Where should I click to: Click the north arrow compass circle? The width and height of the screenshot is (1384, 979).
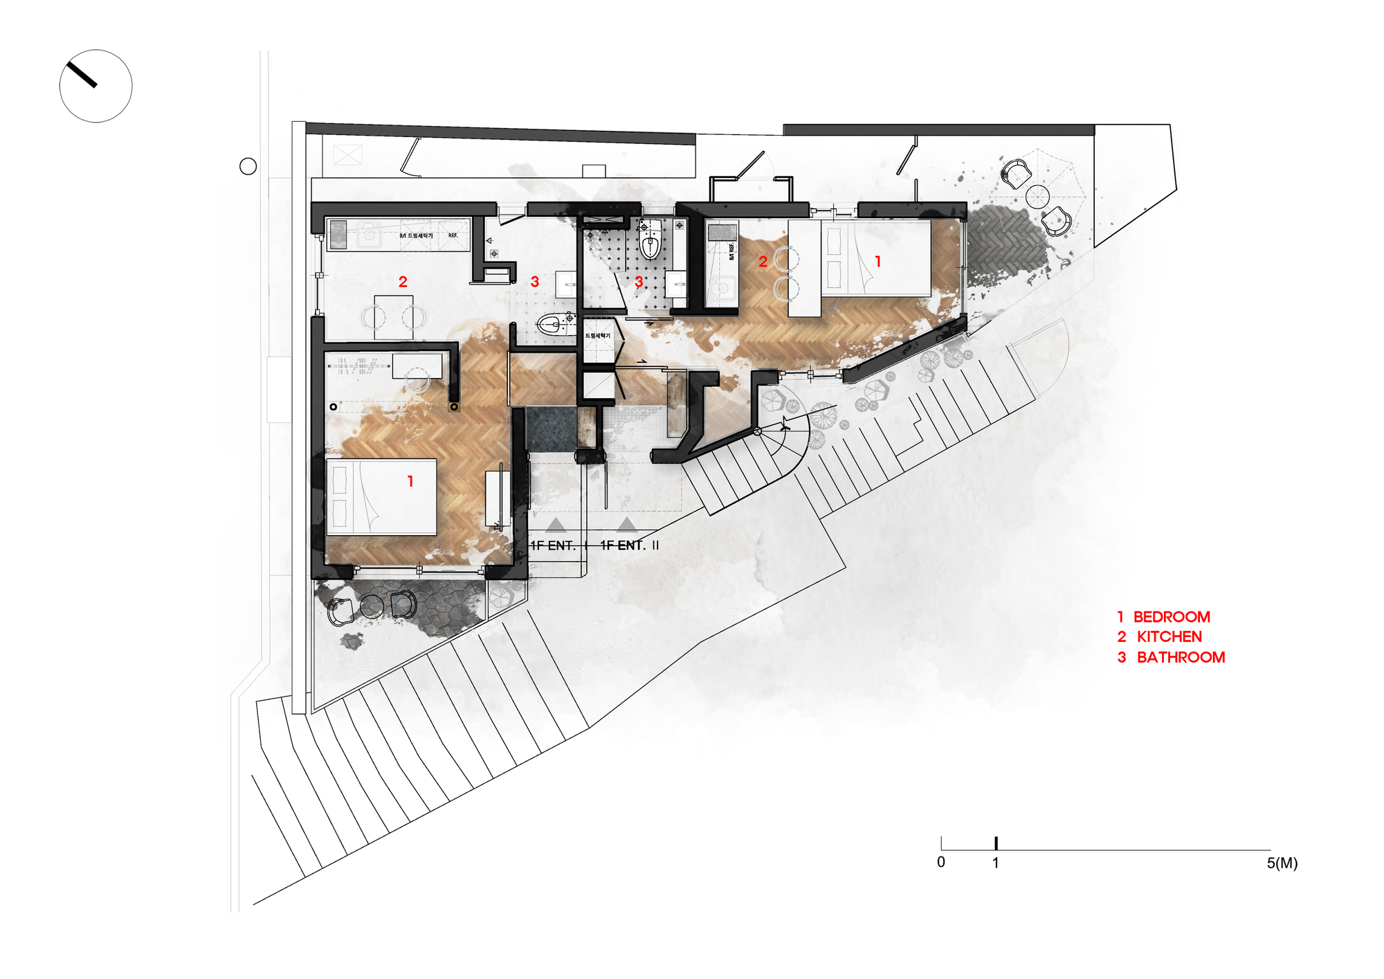coord(95,86)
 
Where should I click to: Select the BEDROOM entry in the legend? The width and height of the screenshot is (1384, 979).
coord(1163,617)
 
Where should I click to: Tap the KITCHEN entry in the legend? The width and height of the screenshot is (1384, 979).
coord(1160,637)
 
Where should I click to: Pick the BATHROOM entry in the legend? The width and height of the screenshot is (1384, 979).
coord(1171,658)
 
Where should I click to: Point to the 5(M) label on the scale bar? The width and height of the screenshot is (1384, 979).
coord(1282,863)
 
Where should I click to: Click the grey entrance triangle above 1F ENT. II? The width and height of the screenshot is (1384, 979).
coord(626,524)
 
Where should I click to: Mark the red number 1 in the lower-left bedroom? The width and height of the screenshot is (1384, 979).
coord(410,481)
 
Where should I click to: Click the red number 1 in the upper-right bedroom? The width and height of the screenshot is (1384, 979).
coord(877,262)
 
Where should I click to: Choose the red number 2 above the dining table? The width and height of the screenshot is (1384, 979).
coord(403,282)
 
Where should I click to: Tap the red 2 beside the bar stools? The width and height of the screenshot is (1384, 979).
coord(763,262)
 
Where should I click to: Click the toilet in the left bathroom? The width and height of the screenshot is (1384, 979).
coord(552,324)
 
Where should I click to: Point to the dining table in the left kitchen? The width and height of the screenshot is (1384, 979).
coord(393,317)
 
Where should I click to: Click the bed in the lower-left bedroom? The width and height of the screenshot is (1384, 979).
coord(381,496)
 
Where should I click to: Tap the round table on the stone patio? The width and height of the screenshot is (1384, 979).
coord(372,607)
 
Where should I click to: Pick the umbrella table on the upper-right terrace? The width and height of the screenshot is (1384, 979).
coord(1037,196)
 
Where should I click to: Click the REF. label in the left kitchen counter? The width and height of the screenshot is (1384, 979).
coord(453,235)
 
